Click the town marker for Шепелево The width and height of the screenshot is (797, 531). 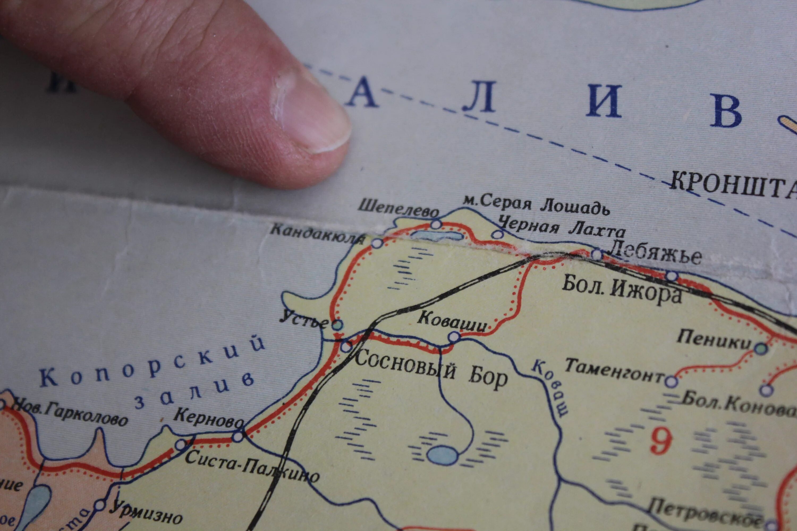click(436, 224)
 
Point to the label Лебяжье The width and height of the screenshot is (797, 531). click(654, 255)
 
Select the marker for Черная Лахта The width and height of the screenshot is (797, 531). click(497, 234)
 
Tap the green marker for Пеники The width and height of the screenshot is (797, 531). click(761, 348)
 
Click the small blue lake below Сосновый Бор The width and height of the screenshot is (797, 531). click(442, 455)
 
